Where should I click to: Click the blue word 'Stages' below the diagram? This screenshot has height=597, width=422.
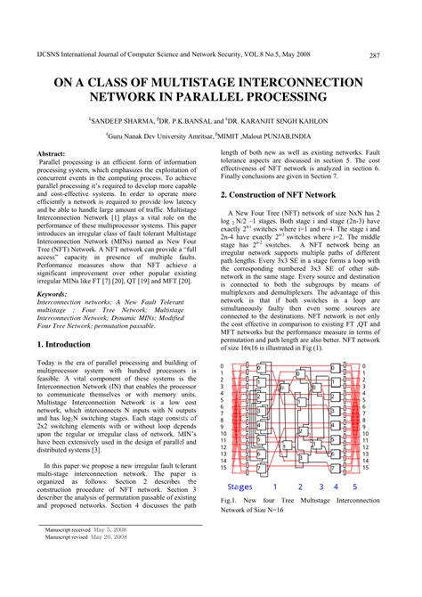246,487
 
